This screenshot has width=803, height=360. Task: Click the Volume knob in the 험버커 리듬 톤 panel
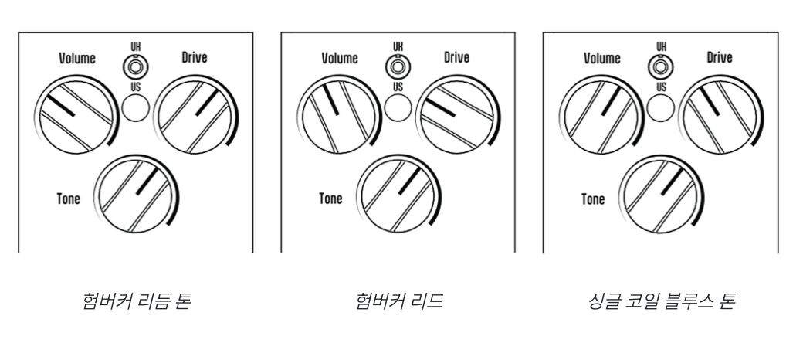[76, 115]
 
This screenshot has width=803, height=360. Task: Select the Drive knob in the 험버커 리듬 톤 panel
[195, 115]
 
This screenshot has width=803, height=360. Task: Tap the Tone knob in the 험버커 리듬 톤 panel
[136, 195]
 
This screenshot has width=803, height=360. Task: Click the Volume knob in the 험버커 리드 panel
[338, 115]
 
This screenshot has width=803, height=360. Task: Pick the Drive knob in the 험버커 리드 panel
[458, 115]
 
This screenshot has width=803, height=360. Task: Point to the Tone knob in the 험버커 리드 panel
[398, 195]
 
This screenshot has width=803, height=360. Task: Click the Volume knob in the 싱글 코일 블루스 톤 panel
[601, 115]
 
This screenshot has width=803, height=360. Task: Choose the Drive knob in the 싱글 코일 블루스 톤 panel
[720, 115]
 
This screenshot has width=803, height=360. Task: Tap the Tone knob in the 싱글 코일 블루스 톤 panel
[661, 195]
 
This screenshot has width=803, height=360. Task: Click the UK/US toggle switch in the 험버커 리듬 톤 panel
[136, 67]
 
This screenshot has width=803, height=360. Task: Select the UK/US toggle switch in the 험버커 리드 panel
[398, 67]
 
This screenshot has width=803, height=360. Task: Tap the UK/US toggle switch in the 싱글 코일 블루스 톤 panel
[661, 67]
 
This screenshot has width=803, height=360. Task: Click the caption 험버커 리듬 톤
[137, 301]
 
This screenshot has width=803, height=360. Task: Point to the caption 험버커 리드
[399, 301]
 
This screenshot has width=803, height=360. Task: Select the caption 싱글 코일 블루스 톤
[661, 301]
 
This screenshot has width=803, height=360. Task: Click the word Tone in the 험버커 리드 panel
[330, 199]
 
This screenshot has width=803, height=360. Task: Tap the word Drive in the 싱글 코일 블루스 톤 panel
[720, 57]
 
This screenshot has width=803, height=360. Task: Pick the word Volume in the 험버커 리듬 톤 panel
[77, 58]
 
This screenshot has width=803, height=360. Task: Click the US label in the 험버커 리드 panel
[398, 87]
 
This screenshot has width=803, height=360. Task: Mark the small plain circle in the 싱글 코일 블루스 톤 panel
[661, 108]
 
